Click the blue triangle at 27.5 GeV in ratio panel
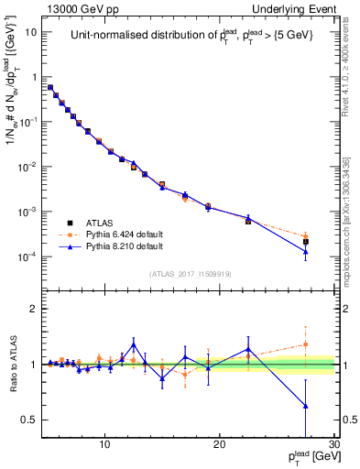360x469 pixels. [305, 405]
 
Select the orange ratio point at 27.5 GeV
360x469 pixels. [305, 344]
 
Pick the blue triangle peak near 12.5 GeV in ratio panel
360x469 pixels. [134, 344]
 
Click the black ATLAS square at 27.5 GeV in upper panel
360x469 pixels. [305, 242]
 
